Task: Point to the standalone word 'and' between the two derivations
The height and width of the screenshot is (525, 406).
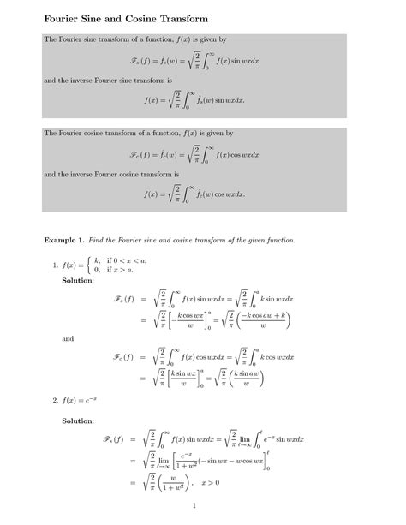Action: pos(69,338)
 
